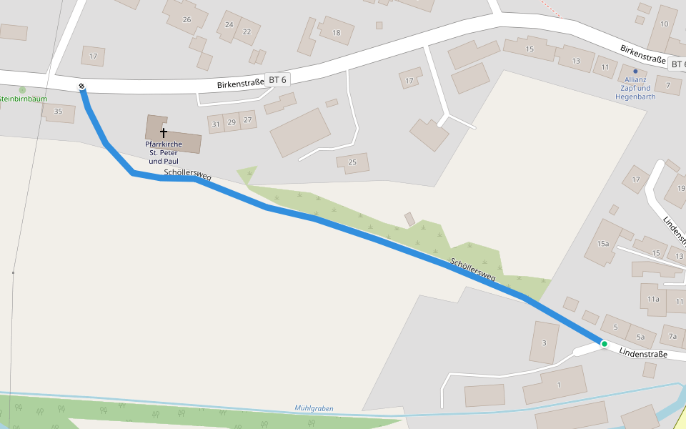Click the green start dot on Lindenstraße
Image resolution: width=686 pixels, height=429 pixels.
pos(604,344)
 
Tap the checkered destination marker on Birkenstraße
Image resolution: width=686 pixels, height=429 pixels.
pos(82,87)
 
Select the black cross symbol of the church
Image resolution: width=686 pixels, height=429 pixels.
pos(164,133)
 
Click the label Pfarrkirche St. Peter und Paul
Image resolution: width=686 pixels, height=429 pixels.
pos(164,153)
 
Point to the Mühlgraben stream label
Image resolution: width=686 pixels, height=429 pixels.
pos(314,408)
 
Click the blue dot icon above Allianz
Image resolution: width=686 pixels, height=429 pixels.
pos(635,71)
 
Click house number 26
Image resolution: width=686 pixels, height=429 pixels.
pos(187,19)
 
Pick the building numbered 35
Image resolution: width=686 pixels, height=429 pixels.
pos(58,111)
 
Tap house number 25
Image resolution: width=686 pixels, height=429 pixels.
pos(352,162)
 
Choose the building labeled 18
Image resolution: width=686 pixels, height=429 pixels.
pos(337,33)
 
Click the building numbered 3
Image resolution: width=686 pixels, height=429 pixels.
pos(545,342)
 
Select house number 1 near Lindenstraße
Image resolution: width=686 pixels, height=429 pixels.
pos(559,385)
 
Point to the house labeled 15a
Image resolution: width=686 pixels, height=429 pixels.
pos(603,244)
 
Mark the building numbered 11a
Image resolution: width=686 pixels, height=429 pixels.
pos(653,298)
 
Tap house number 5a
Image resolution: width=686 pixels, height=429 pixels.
pos(640,337)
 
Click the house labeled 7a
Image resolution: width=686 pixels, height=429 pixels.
pos(672,335)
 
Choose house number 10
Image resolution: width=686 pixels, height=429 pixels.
pos(664,24)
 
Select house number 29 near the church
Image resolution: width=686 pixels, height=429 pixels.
pos(232,122)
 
